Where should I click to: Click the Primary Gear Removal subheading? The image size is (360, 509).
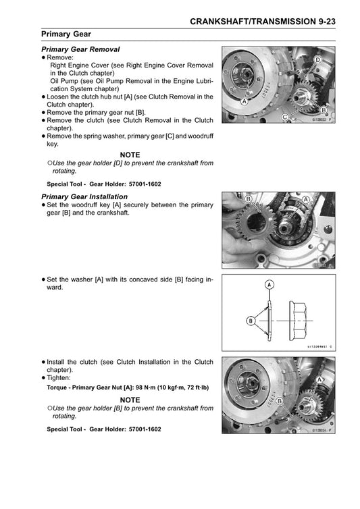pos(80,49)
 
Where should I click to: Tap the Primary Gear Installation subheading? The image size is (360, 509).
pos(84,196)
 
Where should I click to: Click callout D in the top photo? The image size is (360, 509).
pos(317,61)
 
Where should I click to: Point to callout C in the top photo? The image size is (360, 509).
pos(285,117)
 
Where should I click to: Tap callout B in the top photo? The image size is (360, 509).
pos(324,109)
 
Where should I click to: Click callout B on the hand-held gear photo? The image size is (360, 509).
pos(249,200)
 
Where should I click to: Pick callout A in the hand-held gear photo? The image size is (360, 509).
pos(307,200)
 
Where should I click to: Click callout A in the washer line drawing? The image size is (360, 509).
pos(269,285)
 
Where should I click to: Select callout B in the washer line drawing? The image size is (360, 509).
pos(251,321)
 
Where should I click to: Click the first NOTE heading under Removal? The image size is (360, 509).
pos(129,155)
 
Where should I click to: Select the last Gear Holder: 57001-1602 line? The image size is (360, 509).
pos(104,429)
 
